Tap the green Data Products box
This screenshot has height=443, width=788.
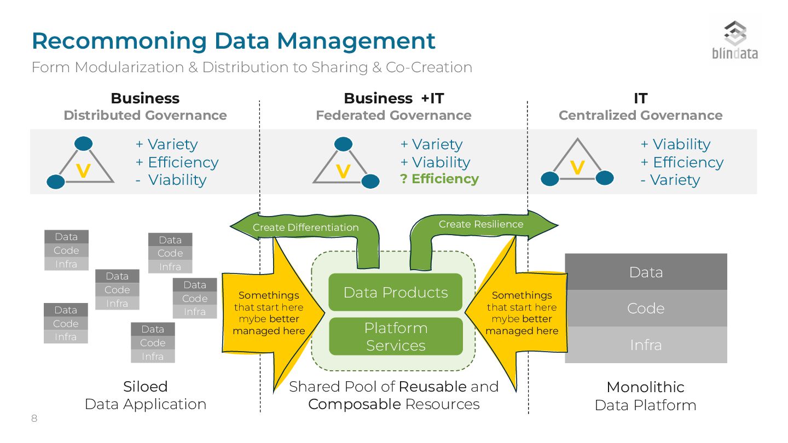click(x=395, y=292)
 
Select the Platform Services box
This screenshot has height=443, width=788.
click(x=395, y=336)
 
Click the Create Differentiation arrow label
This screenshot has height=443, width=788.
click(x=305, y=228)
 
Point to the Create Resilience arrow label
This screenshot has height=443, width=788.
click(x=480, y=224)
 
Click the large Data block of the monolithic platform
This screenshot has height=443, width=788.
click(x=646, y=272)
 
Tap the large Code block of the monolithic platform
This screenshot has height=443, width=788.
click(x=646, y=308)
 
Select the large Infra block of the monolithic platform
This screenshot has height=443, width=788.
click(x=646, y=345)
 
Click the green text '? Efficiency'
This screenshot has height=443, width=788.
click(x=439, y=179)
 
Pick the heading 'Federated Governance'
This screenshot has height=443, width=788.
click(x=393, y=115)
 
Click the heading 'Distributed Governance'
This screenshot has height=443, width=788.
click(x=145, y=115)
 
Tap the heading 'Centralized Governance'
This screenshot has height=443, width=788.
click(x=640, y=115)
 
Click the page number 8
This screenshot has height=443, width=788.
click(x=34, y=419)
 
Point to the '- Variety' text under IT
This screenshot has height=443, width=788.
click(x=670, y=180)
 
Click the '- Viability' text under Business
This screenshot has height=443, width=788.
click(x=171, y=180)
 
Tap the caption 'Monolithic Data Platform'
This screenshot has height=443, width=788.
click(x=645, y=396)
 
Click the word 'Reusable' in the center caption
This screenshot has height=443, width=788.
click(x=433, y=387)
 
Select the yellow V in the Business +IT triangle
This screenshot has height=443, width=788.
click(x=343, y=172)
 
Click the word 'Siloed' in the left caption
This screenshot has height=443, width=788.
click(x=145, y=387)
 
